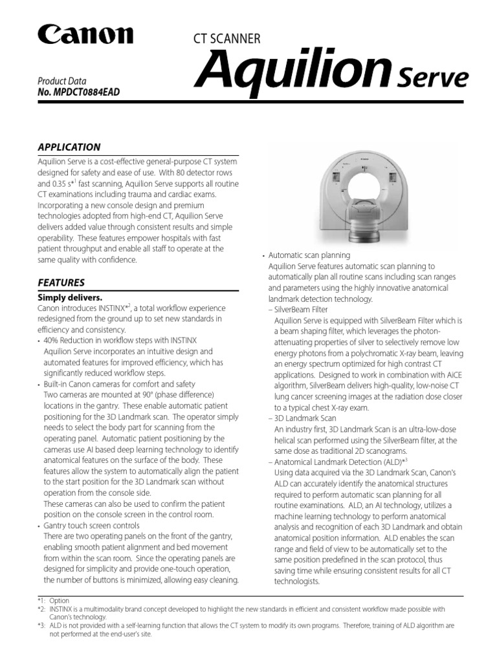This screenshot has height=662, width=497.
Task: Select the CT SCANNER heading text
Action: pos(223,39)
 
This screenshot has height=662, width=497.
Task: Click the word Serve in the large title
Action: pos(432,78)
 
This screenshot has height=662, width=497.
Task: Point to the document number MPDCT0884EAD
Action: pos(78,92)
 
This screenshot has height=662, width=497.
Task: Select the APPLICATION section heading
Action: pos(69,147)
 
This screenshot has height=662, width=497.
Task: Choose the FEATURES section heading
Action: pos(61,283)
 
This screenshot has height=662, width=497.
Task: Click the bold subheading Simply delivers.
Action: pos(70,297)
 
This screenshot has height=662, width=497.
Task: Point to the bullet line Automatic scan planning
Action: pos(309,255)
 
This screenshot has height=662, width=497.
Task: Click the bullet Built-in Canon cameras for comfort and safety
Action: pos(119,384)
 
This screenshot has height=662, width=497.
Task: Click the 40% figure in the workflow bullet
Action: pos(52,340)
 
